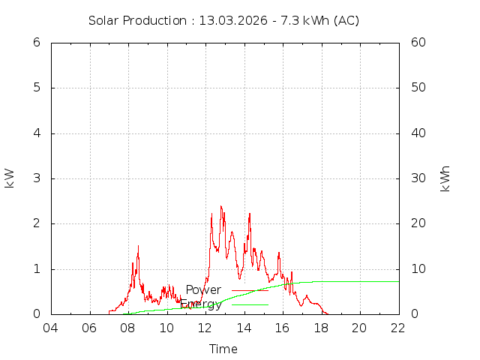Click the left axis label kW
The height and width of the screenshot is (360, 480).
10,178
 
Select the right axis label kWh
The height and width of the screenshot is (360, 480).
445,178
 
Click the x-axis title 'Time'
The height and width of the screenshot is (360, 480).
223,349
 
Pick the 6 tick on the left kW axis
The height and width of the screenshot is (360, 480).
36,43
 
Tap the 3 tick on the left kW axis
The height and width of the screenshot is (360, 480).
36,178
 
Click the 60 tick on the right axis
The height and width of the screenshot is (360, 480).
418,43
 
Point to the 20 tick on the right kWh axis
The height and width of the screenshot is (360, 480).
418,223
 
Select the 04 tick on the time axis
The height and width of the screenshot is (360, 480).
51,328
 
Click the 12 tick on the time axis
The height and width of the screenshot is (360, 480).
205,328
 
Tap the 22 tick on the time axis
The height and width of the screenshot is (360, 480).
398,328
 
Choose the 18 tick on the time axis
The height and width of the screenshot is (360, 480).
321,328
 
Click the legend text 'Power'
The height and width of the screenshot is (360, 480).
203,289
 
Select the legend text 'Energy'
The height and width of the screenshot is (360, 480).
201,304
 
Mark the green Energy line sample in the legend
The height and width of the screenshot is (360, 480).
250,304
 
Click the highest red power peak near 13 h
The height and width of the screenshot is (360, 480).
221,206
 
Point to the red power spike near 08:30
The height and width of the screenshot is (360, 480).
138,247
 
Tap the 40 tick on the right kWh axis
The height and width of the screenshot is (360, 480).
418,133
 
